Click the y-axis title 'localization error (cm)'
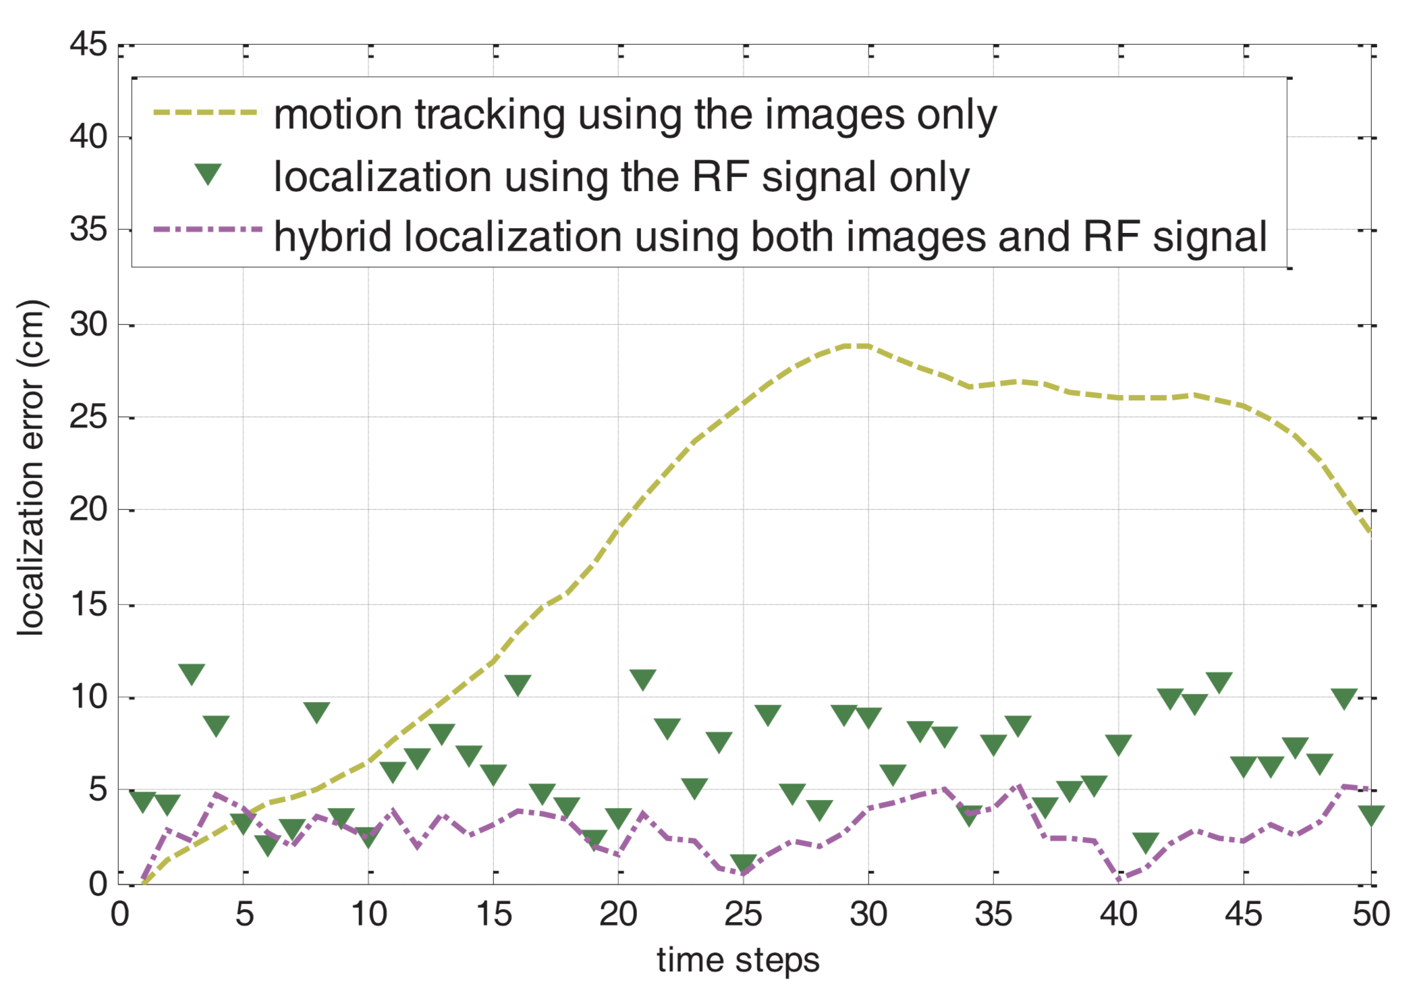point(31,467)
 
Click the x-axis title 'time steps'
point(738,960)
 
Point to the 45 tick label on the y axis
point(88,45)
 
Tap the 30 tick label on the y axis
point(88,325)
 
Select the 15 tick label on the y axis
point(88,604)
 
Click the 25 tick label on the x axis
point(743,915)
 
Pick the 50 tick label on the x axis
point(1370,915)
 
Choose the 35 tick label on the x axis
point(993,915)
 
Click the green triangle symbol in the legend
point(208,174)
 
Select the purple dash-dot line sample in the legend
point(206,230)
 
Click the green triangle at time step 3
point(192,673)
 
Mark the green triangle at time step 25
point(743,863)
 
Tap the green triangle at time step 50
point(1370,814)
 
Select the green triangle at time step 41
point(1145,842)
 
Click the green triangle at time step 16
point(518,684)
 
